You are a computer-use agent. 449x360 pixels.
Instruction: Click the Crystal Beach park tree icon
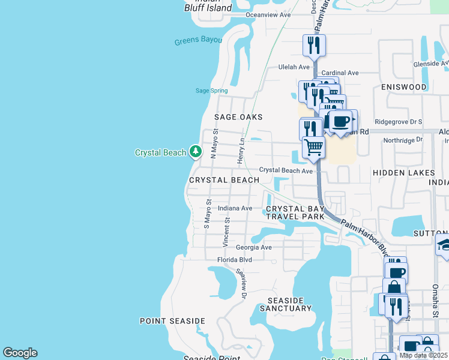[195, 152]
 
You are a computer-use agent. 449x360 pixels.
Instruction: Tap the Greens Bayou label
[198, 41]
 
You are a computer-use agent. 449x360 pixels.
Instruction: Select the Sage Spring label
[211, 91]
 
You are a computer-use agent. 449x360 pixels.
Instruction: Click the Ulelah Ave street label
[294, 67]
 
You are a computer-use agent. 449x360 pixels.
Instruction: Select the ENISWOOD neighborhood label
[403, 87]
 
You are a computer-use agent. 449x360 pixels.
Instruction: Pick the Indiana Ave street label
[235, 208]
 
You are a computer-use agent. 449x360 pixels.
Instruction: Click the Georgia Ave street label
[253, 247]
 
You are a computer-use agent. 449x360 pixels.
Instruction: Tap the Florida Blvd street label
[235, 260]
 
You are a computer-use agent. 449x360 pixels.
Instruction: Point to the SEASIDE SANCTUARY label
[286, 304]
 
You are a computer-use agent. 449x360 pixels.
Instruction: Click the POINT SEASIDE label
[172, 321]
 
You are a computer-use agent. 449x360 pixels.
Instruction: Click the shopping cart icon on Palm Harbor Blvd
[313, 146]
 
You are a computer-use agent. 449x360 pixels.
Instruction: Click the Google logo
[20, 353]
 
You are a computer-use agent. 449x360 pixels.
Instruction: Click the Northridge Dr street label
[403, 139]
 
